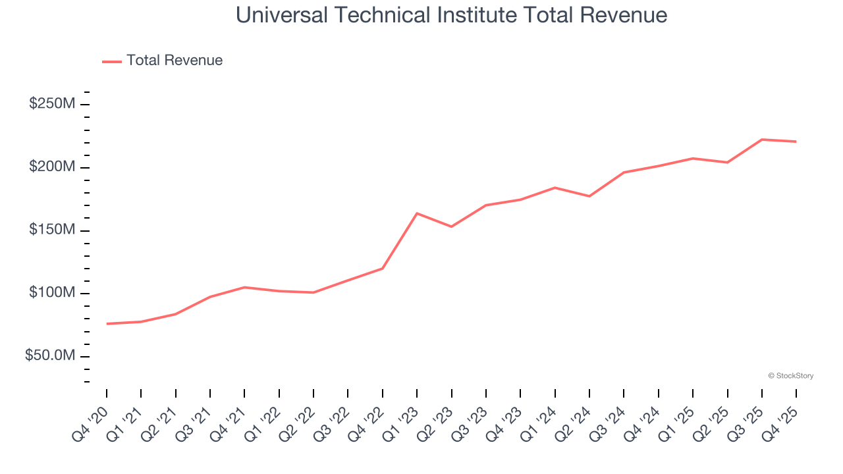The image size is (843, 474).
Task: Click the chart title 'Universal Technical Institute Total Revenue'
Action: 451,14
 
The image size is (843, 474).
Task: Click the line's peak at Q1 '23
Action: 417,213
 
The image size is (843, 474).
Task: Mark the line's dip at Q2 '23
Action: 451,226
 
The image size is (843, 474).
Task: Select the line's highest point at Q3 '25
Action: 762,140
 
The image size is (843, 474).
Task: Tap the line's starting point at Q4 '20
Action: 107,324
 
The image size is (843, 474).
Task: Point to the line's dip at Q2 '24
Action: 589,196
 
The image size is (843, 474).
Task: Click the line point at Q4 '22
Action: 383,268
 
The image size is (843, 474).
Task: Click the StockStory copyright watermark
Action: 790,376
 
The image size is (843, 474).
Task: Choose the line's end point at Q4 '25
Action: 796,142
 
